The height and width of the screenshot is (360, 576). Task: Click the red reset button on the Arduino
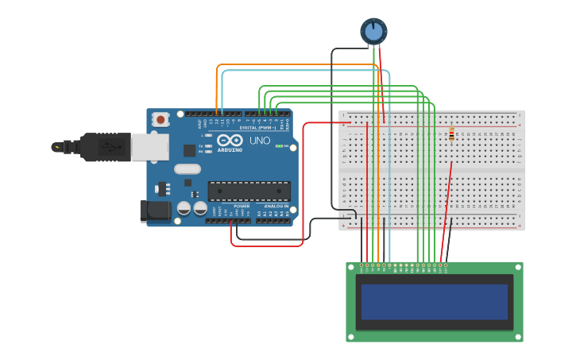coord(161,120)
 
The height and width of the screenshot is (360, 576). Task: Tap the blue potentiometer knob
coord(373,31)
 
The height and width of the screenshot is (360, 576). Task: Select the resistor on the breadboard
coord(451,135)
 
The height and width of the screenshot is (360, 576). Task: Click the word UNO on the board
coord(260,141)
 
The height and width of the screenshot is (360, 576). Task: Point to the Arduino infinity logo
coord(230,140)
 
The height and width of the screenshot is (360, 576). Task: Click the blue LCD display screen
coord(434,302)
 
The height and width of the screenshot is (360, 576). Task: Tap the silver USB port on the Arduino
coord(149,147)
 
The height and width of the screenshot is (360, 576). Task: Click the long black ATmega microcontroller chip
coord(249,191)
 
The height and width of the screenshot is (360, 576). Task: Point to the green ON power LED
coord(278,146)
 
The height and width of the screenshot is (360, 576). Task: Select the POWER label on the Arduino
coord(242,206)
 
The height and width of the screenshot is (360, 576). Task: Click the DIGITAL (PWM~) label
coord(258,127)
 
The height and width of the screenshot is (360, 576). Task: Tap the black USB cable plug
coord(103,147)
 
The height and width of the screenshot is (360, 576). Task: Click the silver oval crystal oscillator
coord(187,168)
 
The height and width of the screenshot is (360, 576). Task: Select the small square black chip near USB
coord(189,150)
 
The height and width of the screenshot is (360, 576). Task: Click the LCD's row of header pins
coord(404,265)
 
